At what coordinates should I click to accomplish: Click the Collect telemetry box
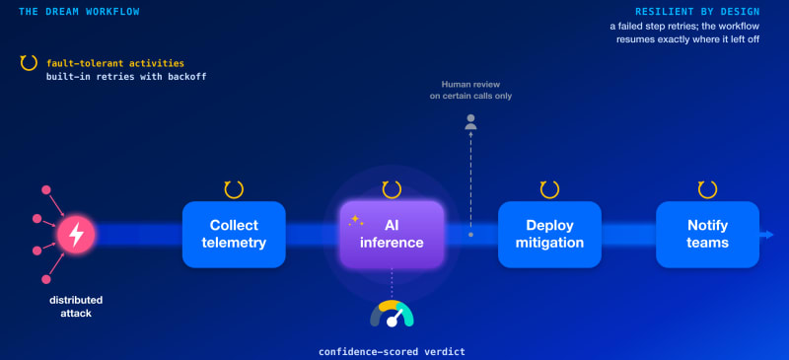pyautogui.click(x=234, y=234)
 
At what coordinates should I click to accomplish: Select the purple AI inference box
pyautogui.click(x=392, y=234)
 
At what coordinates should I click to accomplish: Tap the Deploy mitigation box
pyautogui.click(x=549, y=234)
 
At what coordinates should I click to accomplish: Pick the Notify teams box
pyautogui.click(x=707, y=234)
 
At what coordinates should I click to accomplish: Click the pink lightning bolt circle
pyautogui.click(x=76, y=234)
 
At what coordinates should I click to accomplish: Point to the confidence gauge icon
pyautogui.click(x=392, y=314)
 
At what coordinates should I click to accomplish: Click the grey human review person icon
pyautogui.click(x=470, y=122)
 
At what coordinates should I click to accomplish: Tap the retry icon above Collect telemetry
pyautogui.click(x=234, y=189)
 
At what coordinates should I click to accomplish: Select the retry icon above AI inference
pyautogui.click(x=392, y=189)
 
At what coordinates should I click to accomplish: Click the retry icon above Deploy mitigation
pyautogui.click(x=549, y=189)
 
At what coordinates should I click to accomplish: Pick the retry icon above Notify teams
pyautogui.click(x=707, y=189)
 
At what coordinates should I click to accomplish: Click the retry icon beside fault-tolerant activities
pyautogui.click(x=29, y=62)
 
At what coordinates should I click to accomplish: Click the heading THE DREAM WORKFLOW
pyautogui.click(x=79, y=11)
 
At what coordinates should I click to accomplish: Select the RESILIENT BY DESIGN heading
pyautogui.click(x=697, y=11)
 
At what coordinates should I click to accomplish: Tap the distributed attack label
pyautogui.click(x=76, y=307)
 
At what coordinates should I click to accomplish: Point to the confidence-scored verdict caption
pyautogui.click(x=392, y=351)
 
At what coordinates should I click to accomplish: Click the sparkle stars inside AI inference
pyautogui.click(x=356, y=220)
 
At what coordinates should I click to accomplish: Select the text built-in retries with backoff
pyautogui.click(x=126, y=77)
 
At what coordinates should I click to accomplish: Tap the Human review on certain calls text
pyautogui.click(x=470, y=90)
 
